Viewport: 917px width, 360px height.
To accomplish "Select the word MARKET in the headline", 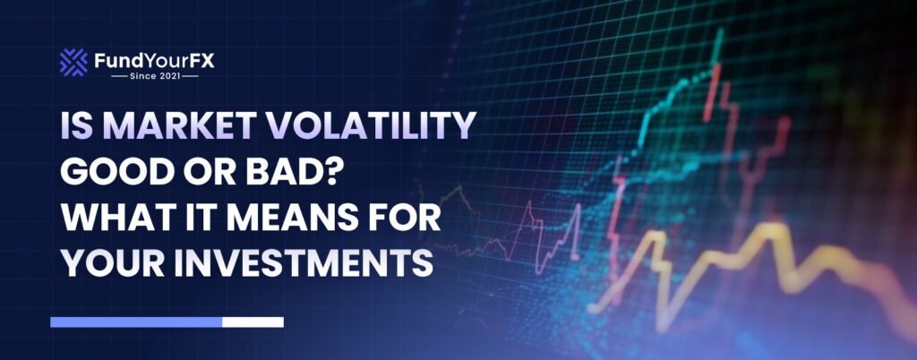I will click(173, 127).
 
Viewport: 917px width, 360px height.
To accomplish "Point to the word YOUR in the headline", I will click(113, 266).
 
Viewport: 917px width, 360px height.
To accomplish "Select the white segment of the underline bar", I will click(253, 321).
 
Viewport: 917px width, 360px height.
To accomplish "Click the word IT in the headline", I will click(205, 220).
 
